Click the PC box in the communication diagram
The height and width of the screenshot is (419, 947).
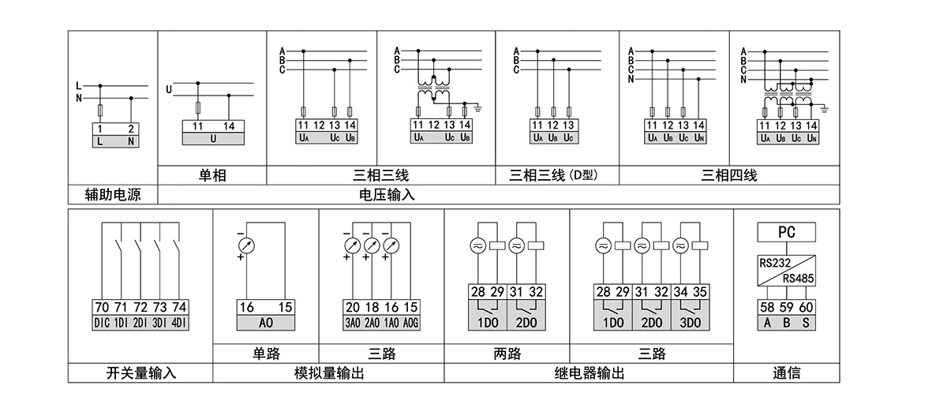(x=786, y=232)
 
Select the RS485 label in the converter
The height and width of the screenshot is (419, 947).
(x=799, y=278)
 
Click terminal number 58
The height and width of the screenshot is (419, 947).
(x=767, y=308)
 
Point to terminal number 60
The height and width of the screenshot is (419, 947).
(x=806, y=308)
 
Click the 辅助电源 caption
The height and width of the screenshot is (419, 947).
(x=113, y=194)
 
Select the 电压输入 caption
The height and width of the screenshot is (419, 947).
(x=387, y=194)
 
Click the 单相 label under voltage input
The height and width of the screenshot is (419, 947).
(x=212, y=175)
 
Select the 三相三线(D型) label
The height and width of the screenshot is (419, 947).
(x=556, y=175)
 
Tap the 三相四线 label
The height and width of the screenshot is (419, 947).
(x=729, y=175)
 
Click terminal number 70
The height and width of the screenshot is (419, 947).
(x=102, y=308)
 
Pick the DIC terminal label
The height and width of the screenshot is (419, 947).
(x=102, y=323)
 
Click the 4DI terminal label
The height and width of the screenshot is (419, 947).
(x=180, y=323)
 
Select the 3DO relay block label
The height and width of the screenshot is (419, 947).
(x=689, y=323)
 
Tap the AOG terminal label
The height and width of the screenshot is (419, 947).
(x=411, y=323)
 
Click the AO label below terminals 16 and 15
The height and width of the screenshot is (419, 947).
(x=265, y=323)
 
